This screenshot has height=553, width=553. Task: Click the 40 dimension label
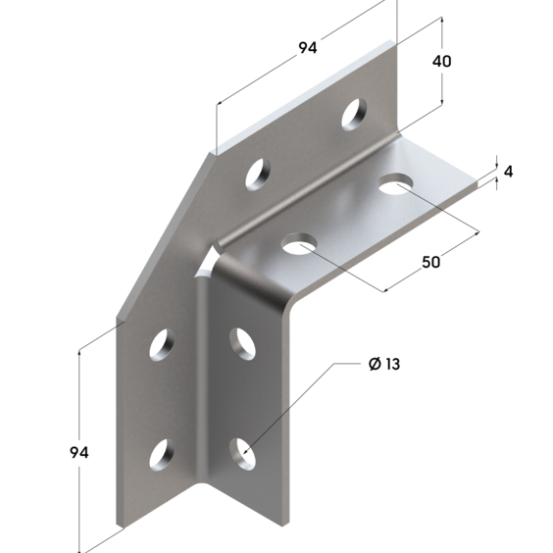(441, 62)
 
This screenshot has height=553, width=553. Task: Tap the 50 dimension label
(431, 262)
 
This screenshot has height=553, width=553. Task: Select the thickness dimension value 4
(508, 172)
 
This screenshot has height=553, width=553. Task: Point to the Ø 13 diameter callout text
(384, 364)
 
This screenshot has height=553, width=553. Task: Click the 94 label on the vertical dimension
(79, 452)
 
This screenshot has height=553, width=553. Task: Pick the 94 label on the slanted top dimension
(308, 48)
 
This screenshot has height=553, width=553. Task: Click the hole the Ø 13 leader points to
(242, 454)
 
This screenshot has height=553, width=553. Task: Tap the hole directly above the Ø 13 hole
(242, 344)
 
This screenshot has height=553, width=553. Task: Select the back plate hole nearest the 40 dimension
(354, 114)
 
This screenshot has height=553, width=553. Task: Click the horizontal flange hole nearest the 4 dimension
(395, 183)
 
